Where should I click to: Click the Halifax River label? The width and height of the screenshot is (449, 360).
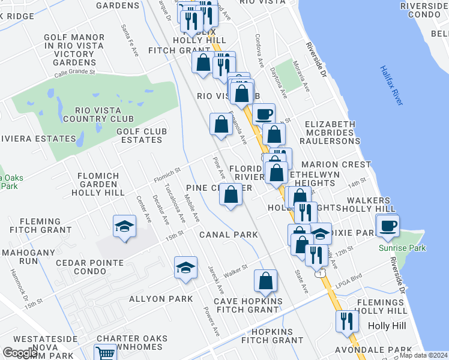coord(390,86)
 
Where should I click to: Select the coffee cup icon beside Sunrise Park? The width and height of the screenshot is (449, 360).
coord(388,226)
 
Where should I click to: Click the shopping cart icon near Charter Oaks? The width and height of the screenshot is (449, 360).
coord(104,353)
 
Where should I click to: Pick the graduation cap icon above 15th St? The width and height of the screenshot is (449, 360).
coord(124,226)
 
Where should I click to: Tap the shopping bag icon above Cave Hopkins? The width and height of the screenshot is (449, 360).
coord(265,280)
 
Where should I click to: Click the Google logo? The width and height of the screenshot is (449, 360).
coord(20,353)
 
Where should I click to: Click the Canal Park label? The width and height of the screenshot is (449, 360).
coord(229,235)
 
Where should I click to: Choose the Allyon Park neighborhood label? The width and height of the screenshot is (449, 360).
coord(161,299)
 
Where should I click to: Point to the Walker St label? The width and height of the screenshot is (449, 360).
coord(235,268)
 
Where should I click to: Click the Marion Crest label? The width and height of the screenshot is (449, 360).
coord(336,164)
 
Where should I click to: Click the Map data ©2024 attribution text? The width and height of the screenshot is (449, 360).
coord(423,355)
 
